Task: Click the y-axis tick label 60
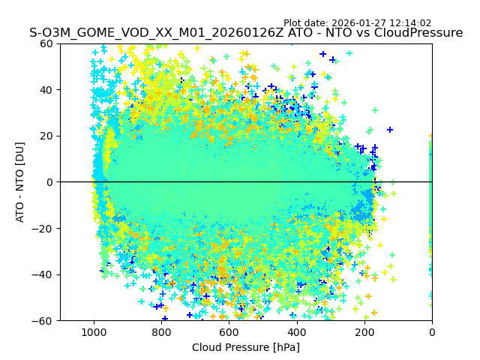(47, 43)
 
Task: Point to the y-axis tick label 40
(47, 90)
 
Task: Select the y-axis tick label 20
(47, 136)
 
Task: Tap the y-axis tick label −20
(44, 228)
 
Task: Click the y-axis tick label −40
(44, 274)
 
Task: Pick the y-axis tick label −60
(44, 320)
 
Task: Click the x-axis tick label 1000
(94, 332)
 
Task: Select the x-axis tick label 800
(161, 332)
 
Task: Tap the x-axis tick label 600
(229, 332)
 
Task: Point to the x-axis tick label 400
(296, 332)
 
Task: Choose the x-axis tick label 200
(364, 332)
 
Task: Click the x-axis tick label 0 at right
(431, 332)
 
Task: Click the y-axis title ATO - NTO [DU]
(20, 182)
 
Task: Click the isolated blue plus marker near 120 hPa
(390, 130)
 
